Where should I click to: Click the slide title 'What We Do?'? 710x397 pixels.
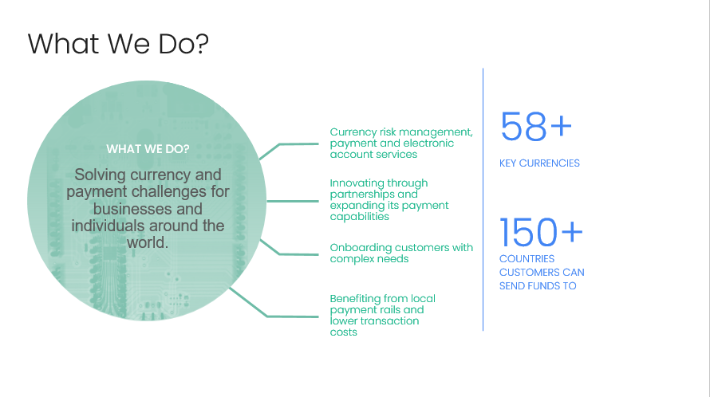(x=118, y=44)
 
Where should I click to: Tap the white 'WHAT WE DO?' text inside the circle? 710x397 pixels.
(x=148, y=149)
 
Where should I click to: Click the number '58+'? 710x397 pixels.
(x=536, y=127)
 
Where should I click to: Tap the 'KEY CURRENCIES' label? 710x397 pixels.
(x=539, y=163)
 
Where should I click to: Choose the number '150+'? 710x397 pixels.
(x=541, y=232)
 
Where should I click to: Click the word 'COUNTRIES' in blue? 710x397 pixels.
(x=527, y=259)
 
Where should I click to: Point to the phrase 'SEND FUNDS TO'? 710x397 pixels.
(x=538, y=286)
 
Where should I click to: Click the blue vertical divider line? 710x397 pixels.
(x=483, y=199)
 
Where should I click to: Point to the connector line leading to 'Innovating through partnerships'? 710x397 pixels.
(x=293, y=201)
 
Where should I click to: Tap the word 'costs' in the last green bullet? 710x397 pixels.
(x=344, y=332)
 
